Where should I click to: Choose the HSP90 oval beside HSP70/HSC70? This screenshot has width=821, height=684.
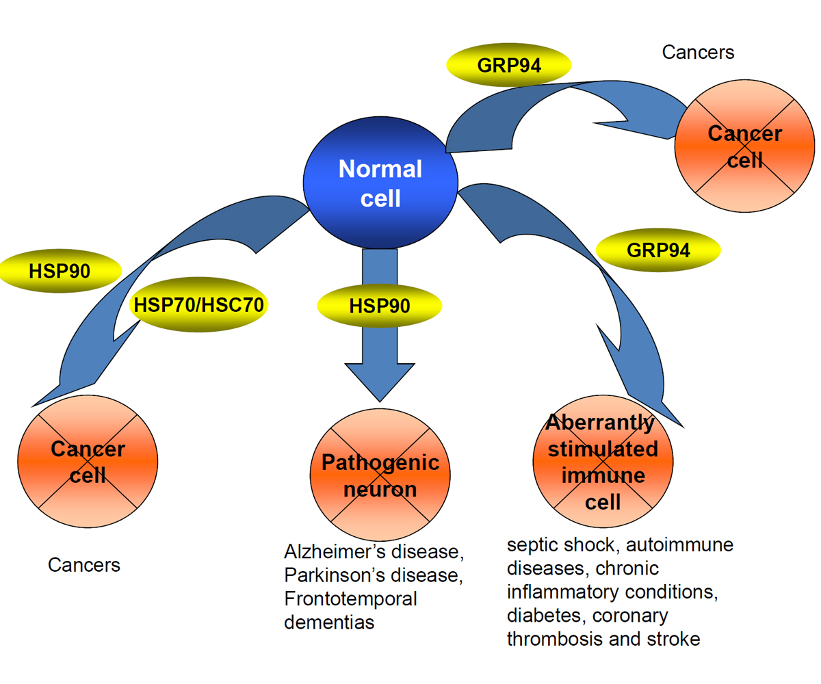click(x=60, y=271)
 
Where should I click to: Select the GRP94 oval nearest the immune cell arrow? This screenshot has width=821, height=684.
click(x=658, y=250)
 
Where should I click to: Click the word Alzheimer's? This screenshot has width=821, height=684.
click(x=328, y=551)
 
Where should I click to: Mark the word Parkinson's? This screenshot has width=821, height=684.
click(x=327, y=575)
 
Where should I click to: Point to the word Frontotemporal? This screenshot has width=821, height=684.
click(x=350, y=599)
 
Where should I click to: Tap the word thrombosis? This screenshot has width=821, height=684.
click(x=554, y=639)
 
